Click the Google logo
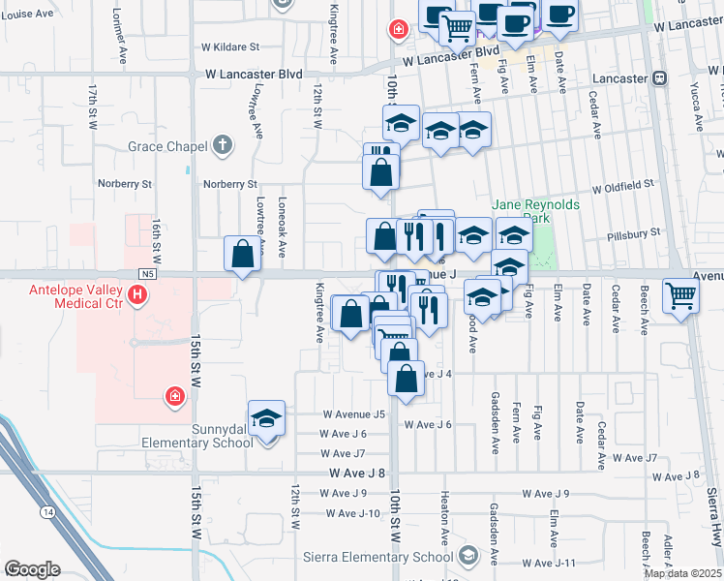point(31,568)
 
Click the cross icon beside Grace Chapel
point(223,146)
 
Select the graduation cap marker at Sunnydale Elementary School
point(266,419)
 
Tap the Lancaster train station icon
point(659,78)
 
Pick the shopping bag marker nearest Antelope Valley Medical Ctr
point(242,256)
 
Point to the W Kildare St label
point(230,46)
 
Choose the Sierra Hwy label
point(713,518)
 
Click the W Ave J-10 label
point(355,513)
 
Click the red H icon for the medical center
point(141,293)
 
